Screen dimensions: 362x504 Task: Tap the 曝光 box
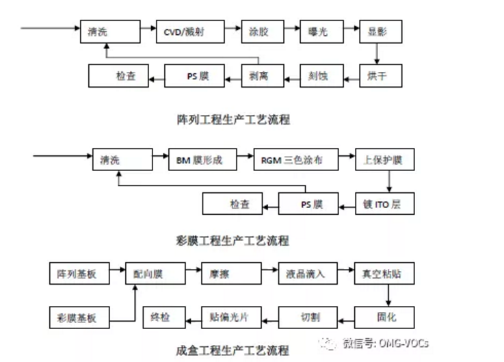[319, 31]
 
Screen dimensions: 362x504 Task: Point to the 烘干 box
[377, 75]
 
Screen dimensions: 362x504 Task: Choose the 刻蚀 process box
[319, 75]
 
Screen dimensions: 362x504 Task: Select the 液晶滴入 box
[306, 274]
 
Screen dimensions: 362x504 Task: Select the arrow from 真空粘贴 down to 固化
[388, 295]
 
